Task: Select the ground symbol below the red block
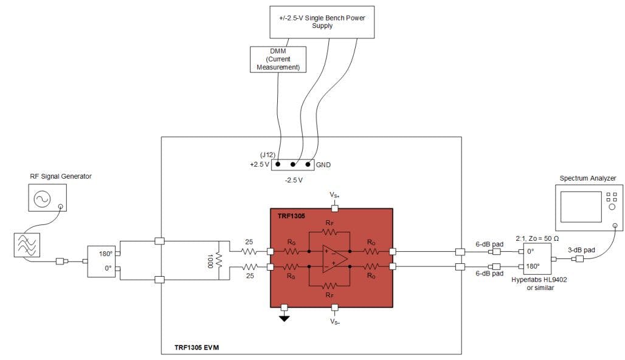pyautogui.click(x=284, y=316)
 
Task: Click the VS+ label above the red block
pyautogui.click(x=334, y=195)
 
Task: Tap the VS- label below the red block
pyautogui.click(x=334, y=321)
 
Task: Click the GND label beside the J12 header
pyautogui.click(x=323, y=164)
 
